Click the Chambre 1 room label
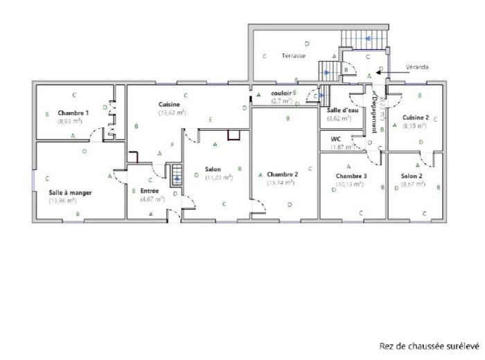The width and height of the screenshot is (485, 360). coord(73,113)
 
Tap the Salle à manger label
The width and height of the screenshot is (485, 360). coord(71,192)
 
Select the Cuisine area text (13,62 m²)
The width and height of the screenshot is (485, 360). coord(172,112)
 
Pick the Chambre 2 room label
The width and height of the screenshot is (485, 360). coord(282,174)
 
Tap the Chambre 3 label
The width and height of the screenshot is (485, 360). coord(351,177)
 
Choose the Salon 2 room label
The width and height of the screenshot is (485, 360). coord(412,177)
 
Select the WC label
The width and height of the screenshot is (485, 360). coord(336,139)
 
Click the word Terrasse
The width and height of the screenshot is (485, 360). coord(294,55)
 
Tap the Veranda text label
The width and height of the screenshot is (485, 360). coord(417,67)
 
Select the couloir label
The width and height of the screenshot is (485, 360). coord(281,93)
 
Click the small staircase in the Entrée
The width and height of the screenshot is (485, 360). coord(176,174)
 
